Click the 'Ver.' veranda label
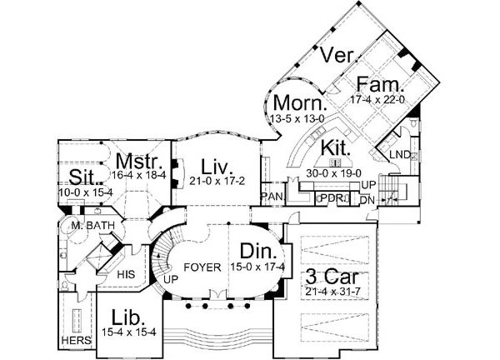pyautogui.click(x=341, y=56)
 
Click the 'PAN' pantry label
pyautogui.click(x=272, y=197)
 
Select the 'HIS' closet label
pyautogui.click(x=127, y=272)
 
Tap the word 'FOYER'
pyautogui.click(x=203, y=267)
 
